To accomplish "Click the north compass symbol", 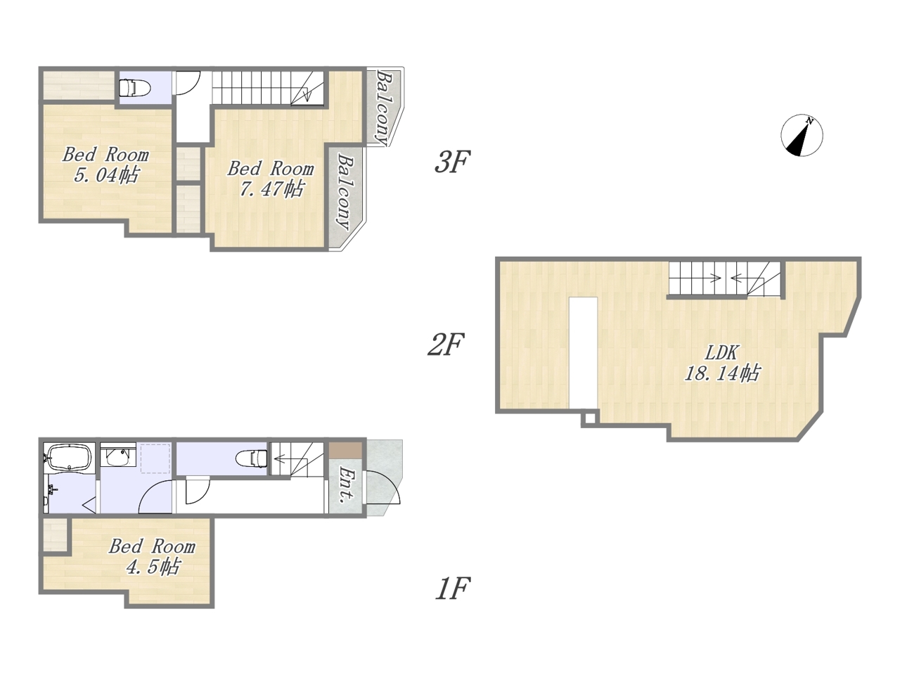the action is pos(801,135).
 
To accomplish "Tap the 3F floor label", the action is pos(451,162).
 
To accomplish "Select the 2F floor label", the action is pos(446,345).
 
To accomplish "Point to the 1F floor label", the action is pos(453,588).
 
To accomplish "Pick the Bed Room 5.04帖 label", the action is pos(105,165).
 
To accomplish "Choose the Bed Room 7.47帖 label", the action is pos(271,179).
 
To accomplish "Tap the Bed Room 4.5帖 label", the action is pos(152,557).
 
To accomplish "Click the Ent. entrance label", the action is pos(347,485).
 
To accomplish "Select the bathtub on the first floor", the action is pos(70,458).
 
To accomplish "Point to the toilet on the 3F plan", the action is pos(135,88).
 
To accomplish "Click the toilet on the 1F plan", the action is pos(252,457).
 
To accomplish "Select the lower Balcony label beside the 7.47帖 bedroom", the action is pos(345,192).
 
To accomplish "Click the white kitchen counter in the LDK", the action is pos(583,353).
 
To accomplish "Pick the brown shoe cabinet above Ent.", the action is pos(345,450).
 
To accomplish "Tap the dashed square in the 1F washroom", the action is pos(155,458).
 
